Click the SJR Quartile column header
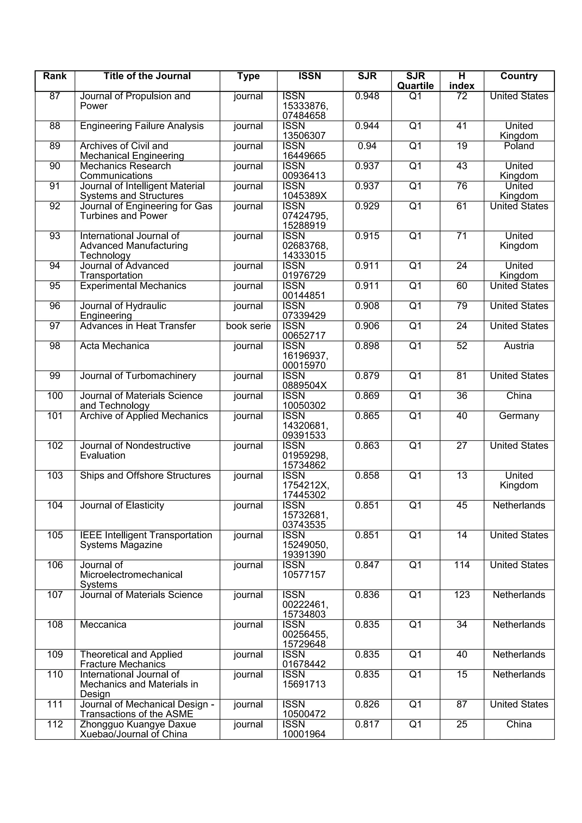point(415,81)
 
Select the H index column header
point(462,81)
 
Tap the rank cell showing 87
point(55,96)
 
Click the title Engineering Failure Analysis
point(142,126)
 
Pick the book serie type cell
point(248,326)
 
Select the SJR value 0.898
point(367,346)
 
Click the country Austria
point(519,346)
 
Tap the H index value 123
point(462,595)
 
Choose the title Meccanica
point(103,625)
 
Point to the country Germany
point(519,416)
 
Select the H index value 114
point(462,565)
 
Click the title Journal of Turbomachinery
point(138,376)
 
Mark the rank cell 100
point(55,396)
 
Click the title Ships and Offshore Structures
point(145,476)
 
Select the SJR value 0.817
point(367,724)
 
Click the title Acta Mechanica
point(114,346)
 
